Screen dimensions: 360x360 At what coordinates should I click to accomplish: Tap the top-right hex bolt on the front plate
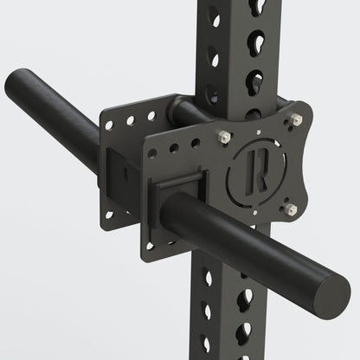pyautogui.click(x=296, y=119)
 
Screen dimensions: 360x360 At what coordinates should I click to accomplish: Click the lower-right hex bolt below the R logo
pyautogui.click(x=291, y=208)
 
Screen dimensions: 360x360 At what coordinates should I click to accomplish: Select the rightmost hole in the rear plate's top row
pyautogui.click(x=151, y=113)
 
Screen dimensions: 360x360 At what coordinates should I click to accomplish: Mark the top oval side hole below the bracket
pyautogui.click(x=208, y=277)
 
